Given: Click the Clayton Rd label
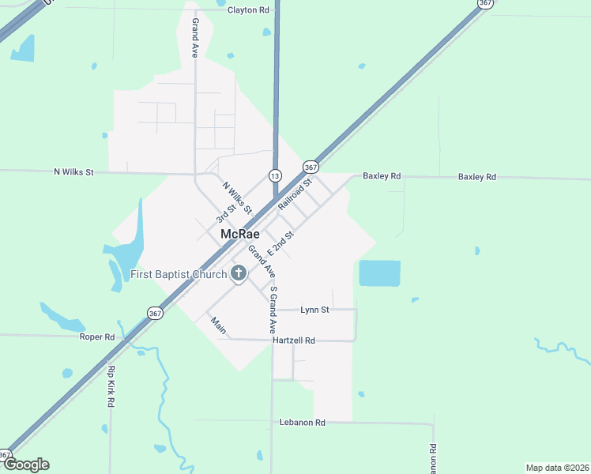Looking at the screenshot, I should tap(248, 10).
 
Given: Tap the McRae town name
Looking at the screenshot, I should tap(240, 235).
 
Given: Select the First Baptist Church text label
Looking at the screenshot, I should tap(178, 275).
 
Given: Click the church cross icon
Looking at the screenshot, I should tap(238, 275).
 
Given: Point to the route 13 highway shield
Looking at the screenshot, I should tap(274, 175).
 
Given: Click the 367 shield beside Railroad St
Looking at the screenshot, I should tap(311, 167).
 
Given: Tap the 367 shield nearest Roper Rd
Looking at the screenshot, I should tap(155, 313).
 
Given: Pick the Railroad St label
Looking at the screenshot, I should tap(295, 194).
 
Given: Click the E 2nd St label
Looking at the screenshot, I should tap(281, 241).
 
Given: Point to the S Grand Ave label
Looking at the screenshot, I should tap(273, 309).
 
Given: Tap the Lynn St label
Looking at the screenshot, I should tap(314, 310).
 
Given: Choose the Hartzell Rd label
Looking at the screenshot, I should tap(293, 340).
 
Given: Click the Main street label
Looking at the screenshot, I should tap(218, 323).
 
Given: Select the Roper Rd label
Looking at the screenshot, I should tap(97, 337).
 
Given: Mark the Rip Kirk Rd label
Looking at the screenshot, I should tap(111, 386).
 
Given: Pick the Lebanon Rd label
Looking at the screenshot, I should tap(303, 423).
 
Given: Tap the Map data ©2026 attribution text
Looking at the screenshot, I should tap(557, 468).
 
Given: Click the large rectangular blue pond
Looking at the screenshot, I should tap(379, 273).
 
